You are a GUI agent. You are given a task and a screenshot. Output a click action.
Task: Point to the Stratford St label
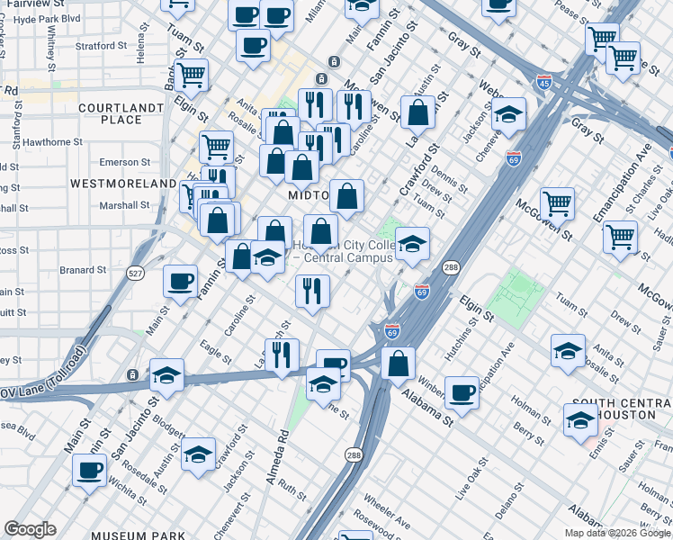point(102,45)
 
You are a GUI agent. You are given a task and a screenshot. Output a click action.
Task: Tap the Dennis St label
point(450,177)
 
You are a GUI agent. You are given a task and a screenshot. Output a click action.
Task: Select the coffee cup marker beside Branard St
point(180,280)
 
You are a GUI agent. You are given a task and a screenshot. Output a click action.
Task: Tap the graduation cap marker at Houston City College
point(412,244)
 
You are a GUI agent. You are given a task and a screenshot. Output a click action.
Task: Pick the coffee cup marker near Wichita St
point(89,469)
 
